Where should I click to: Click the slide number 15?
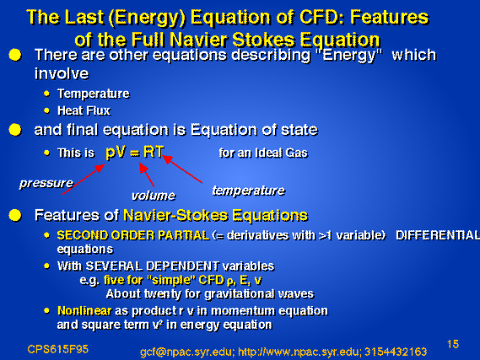click(453, 344)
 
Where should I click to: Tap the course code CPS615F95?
click(58, 349)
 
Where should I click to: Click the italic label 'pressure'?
click(46, 183)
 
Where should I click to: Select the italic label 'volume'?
click(154, 196)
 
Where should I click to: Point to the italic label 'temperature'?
click(249, 191)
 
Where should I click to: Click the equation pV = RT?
click(135, 152)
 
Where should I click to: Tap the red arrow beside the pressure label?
click(84, 179)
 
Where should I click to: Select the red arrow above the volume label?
click(146, 175)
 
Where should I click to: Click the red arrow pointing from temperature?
click(182, 169)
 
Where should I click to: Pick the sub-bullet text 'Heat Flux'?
click(84, 110)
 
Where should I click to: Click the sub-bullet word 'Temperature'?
click(94, 94)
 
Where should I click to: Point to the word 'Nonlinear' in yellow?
click(84, 311)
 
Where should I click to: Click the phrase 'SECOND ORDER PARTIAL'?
click(133, 235)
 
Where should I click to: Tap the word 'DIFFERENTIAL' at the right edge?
click(438, 235)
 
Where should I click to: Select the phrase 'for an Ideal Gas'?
click(263, 153)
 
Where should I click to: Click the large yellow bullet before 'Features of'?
click(15, 215)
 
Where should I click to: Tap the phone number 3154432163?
click(396, 352)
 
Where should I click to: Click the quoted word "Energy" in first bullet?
click(348, 56)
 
